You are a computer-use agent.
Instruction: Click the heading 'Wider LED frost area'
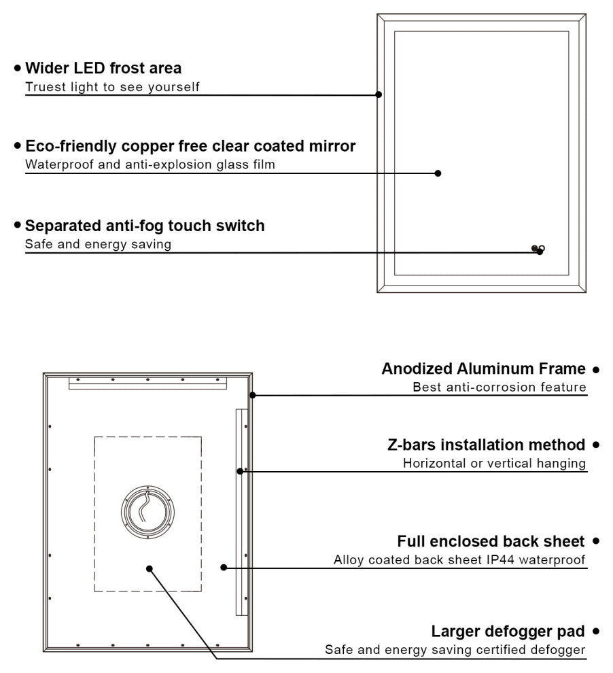pyautogui.click(x=103, y=68)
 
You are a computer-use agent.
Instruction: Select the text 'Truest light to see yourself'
pyautogui.click(x=112, y=87)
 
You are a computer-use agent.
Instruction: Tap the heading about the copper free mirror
pyautogui.click(x=190, y=146)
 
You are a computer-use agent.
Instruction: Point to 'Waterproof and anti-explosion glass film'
pyautogui.click(x=150, y=165)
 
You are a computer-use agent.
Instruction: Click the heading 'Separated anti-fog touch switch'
pyautogui.click(x=145, y=226)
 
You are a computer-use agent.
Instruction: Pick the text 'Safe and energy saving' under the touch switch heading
pyautogui.click(x=98, y=244)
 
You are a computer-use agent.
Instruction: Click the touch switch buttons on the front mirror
pyautogui.click(x=538, y=249)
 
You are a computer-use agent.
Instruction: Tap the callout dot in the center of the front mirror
pyautogui.click(x=438, y=173)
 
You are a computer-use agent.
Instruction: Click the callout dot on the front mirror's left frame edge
pyautogui.click(x=379, y=94)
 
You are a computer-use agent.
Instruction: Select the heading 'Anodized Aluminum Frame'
pyautogui.click(x=483, y=369)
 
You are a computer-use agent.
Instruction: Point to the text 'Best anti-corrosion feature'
pyautogui.click(x=500, y=387)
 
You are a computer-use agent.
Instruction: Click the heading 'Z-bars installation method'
pyautogui.click(x=486, y=445)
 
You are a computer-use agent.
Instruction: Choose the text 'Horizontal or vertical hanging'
pyautogui.click(x=494, y=464)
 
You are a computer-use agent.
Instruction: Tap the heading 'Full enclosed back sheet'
pyautogui.click(x=491, y=542)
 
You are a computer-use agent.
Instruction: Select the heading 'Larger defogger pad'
pyautogui.click(x=508, y=632)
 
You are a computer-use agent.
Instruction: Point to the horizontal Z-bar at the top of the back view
pyautogui.click(x=147, y=384)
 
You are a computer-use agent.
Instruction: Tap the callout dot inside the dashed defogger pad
pyautogui.click(x=150, y=568)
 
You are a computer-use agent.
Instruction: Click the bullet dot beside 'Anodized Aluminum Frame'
pyautogui.click(x=595, y=370)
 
